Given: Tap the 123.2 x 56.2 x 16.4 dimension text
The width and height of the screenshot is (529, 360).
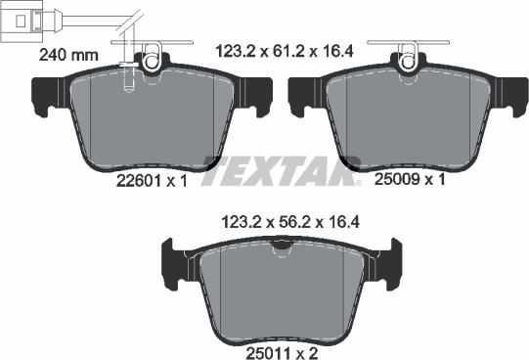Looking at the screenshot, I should coord(292,223).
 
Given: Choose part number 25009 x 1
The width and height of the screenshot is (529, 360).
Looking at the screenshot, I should coord(410,180).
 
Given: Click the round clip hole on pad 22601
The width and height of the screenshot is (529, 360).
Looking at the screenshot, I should coord(152,63).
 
